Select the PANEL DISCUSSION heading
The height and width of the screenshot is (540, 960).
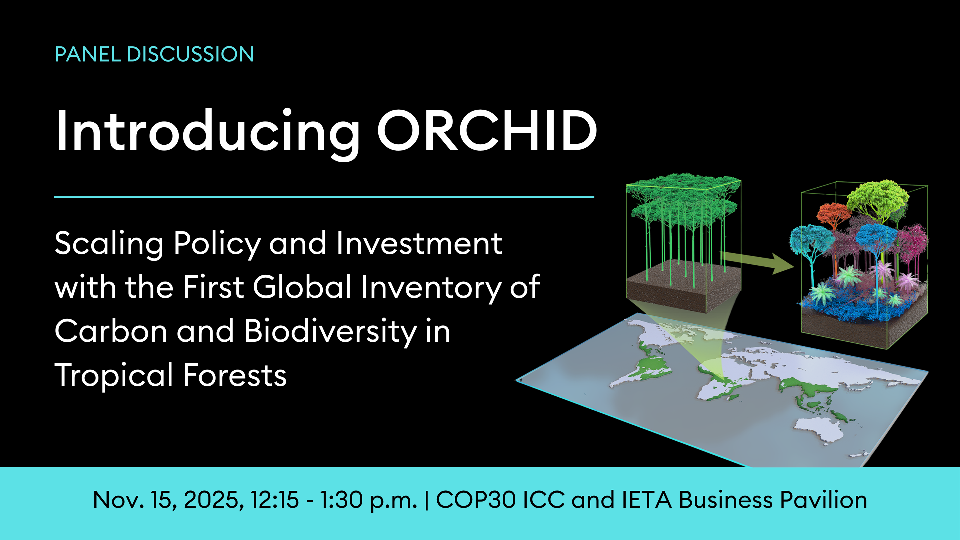coord(154,54)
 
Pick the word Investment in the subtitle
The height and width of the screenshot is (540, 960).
coord(419,243)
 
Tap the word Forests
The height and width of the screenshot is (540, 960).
coord(235,375)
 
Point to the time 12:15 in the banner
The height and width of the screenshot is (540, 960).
coord(275,499)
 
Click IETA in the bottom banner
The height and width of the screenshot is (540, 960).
coord(646,499)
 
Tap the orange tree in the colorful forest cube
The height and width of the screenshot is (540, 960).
coord(834,214)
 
